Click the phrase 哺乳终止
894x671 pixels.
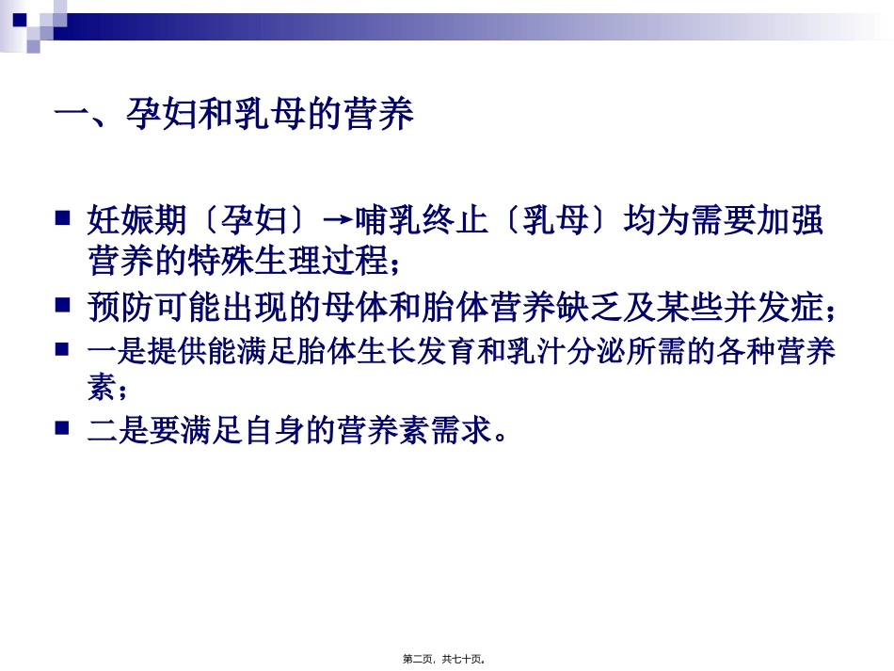421,221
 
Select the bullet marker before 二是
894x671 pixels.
63,428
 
